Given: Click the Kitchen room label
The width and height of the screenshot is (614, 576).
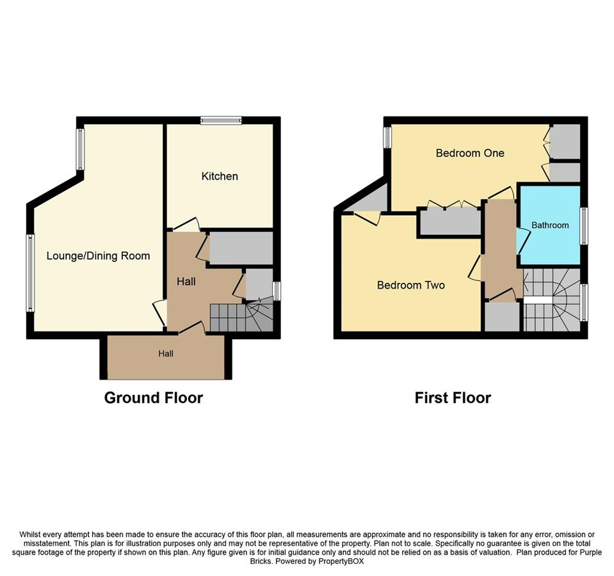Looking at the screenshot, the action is (220, 176).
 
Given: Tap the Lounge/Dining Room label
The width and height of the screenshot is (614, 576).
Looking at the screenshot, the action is (99, 256).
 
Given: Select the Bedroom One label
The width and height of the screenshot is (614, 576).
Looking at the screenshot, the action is (470, 153).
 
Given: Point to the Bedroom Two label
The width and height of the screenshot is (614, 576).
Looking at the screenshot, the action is (411, 285).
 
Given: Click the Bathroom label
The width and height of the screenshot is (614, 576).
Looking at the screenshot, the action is (550, 225).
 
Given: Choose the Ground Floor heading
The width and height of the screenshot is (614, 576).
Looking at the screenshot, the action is (154, 398).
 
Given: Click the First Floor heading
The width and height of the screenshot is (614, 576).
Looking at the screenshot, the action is (453, 398).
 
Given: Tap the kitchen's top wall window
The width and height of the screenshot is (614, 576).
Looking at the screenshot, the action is (222, 120).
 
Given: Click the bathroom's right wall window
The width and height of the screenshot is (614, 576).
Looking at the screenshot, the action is (584, 226).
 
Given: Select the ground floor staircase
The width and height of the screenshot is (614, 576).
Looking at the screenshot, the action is (241, 317).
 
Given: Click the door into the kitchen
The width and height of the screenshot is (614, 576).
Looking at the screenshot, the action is (186, 223).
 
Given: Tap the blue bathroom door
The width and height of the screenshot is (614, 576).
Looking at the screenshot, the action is (524, 241).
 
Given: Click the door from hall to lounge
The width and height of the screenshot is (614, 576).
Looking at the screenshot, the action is (159, 312).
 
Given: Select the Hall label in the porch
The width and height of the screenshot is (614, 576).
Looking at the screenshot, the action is (166, 354).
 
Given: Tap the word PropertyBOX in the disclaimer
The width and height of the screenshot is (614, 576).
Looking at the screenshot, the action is (341, 561).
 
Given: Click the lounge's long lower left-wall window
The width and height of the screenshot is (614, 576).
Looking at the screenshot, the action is (30, 273).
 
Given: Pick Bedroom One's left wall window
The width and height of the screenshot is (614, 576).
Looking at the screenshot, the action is (387, 138).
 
